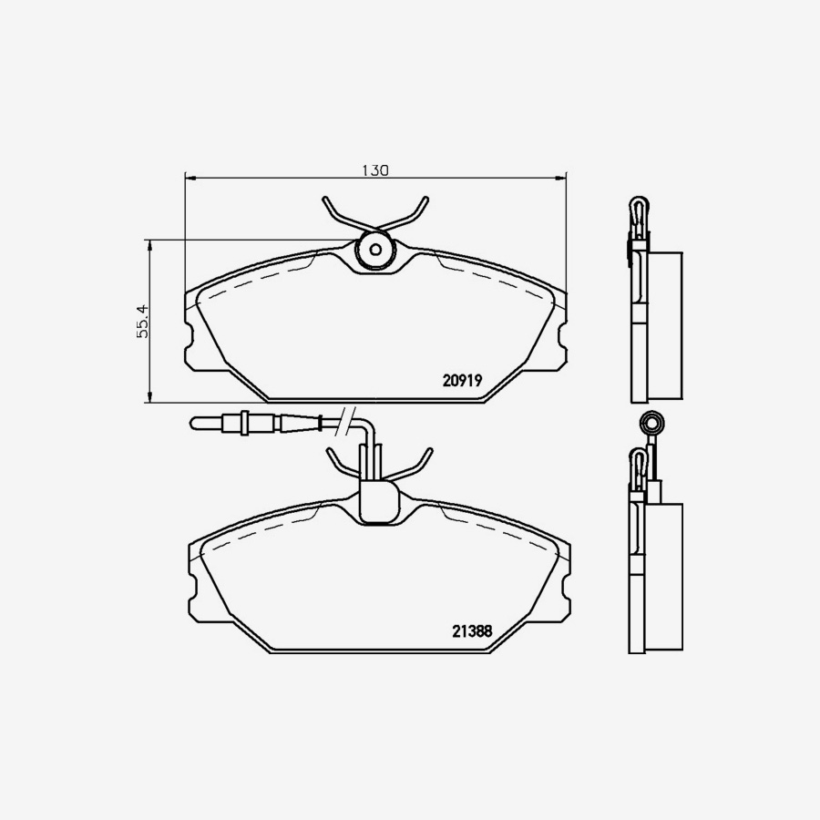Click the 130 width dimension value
pos(375,170)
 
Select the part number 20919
pos(462,382)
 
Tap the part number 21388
pos(472,630)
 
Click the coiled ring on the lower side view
pos(651,423)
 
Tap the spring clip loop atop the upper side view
pos(641,210)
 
